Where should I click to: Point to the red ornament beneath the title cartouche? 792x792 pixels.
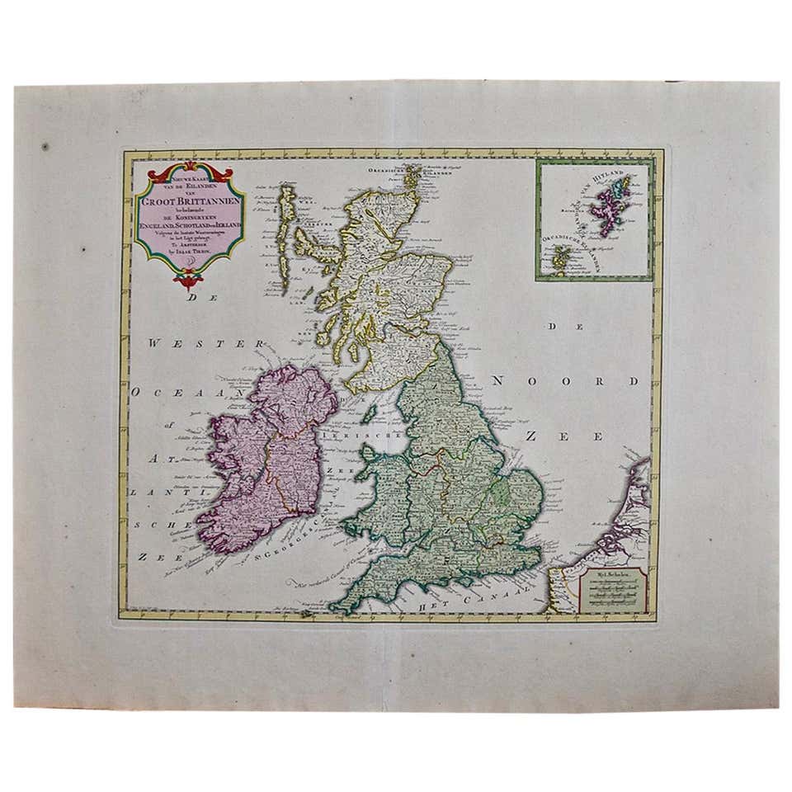click(189, 277)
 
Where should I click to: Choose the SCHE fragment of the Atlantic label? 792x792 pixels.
click(154, 523)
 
